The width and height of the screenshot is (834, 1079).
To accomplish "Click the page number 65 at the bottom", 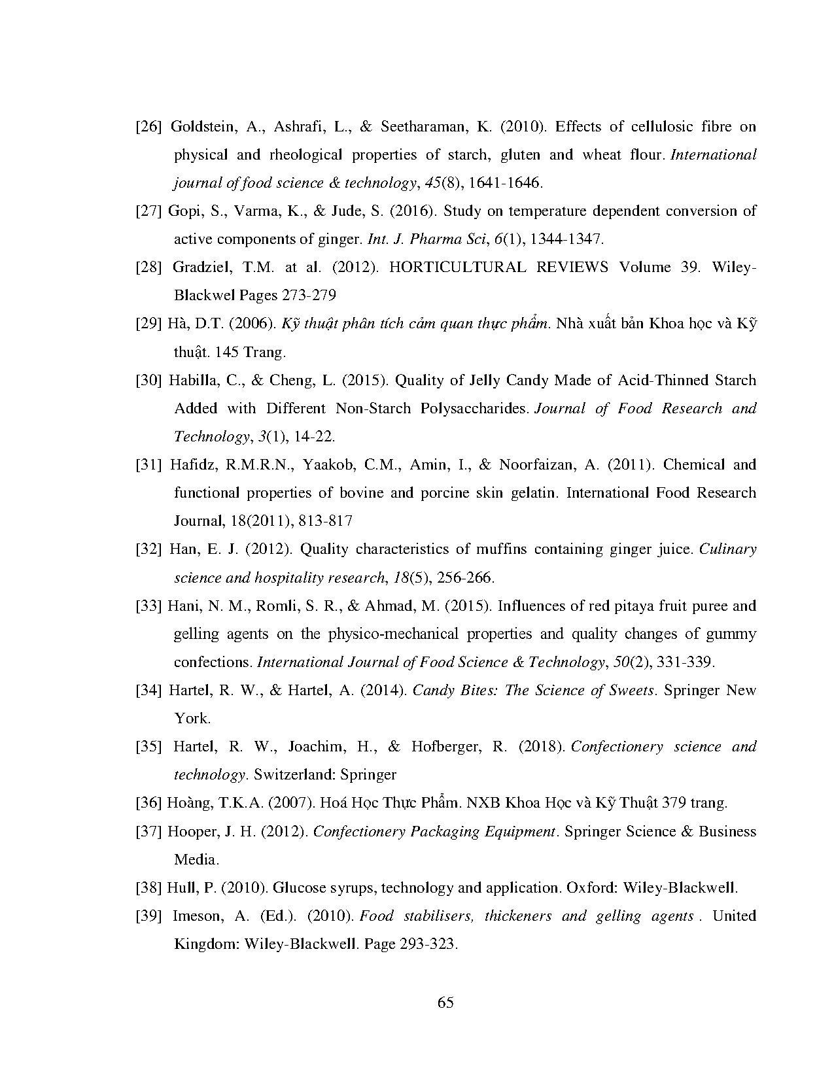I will [445, 1002].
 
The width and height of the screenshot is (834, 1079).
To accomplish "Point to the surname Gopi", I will [182, 211].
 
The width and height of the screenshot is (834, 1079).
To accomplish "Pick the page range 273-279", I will [309, 296].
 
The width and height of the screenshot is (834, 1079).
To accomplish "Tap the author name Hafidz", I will [188, 465].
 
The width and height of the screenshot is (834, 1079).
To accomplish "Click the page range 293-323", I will [423, 944].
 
